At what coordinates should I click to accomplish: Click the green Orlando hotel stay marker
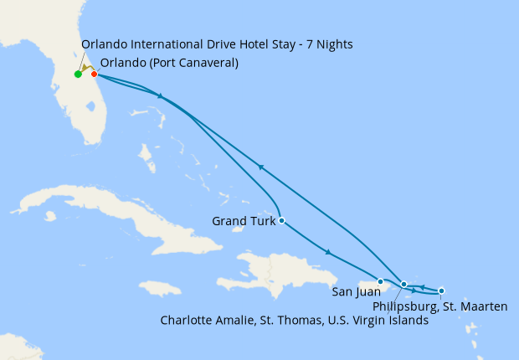[78, 75]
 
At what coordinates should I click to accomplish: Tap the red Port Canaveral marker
[94, 75]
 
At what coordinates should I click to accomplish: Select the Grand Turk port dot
[281, 221]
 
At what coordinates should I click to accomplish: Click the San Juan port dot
[380, 282]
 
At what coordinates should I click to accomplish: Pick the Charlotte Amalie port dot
[404, 285]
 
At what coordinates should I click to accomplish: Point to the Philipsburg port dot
[441, 291]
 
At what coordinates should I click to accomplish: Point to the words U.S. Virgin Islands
[381, 320]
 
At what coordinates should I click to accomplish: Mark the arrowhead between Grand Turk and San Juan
[329, 252]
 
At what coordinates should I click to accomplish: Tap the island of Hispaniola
[276, 272]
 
